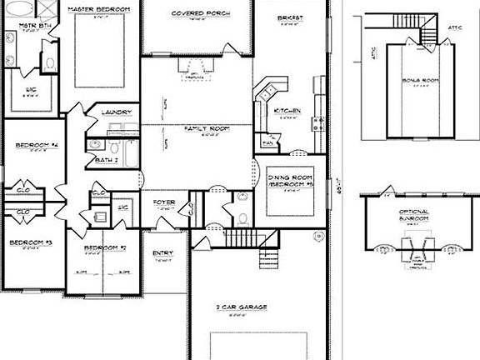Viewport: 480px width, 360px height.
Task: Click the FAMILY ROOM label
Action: coord(206,128)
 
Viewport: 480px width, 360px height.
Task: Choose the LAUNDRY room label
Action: coord(113,112)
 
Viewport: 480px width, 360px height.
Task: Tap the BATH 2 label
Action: coord(107,159)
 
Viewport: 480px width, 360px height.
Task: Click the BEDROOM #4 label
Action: coord(32,145)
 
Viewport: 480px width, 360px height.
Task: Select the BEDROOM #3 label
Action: coord(31,242)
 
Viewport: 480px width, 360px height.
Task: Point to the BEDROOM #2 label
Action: coord(105,248)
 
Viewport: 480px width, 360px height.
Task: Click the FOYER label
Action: coord(163,202)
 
